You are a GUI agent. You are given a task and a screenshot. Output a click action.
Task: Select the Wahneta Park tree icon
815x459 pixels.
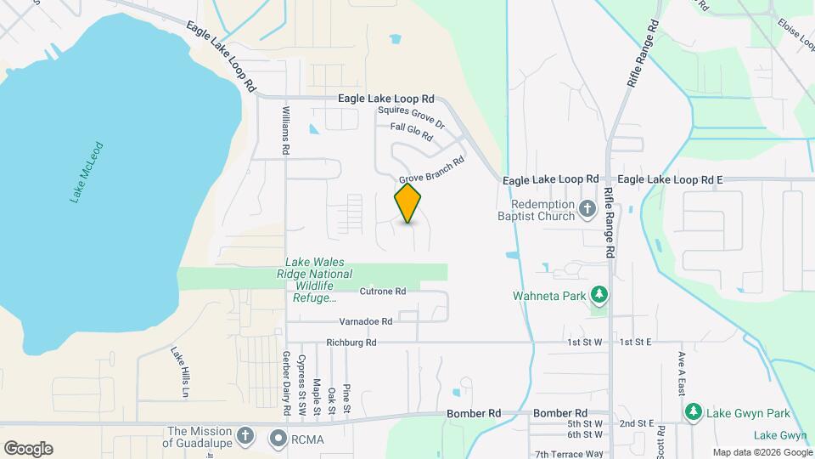point(600,295)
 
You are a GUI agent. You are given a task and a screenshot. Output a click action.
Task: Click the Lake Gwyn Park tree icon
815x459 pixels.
point(693,412)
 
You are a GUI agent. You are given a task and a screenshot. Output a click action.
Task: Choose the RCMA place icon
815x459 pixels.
point(278,439)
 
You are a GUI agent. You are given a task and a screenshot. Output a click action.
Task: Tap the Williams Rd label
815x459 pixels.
point(286,131)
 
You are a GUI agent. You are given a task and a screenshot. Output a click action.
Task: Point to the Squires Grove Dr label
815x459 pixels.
point(411,117)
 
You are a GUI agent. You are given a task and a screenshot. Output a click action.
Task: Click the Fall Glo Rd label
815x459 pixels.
point(412,132)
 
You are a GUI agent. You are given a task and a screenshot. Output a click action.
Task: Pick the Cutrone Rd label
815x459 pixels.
point(383,291)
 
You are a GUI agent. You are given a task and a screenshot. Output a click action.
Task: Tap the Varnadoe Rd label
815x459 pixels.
point(366,321)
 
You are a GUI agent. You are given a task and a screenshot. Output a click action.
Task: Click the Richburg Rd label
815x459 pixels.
point(351,343)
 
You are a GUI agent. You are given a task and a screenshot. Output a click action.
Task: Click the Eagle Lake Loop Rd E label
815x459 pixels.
point(670,179)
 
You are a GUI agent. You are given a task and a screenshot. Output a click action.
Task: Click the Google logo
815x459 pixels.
point(28,449)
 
